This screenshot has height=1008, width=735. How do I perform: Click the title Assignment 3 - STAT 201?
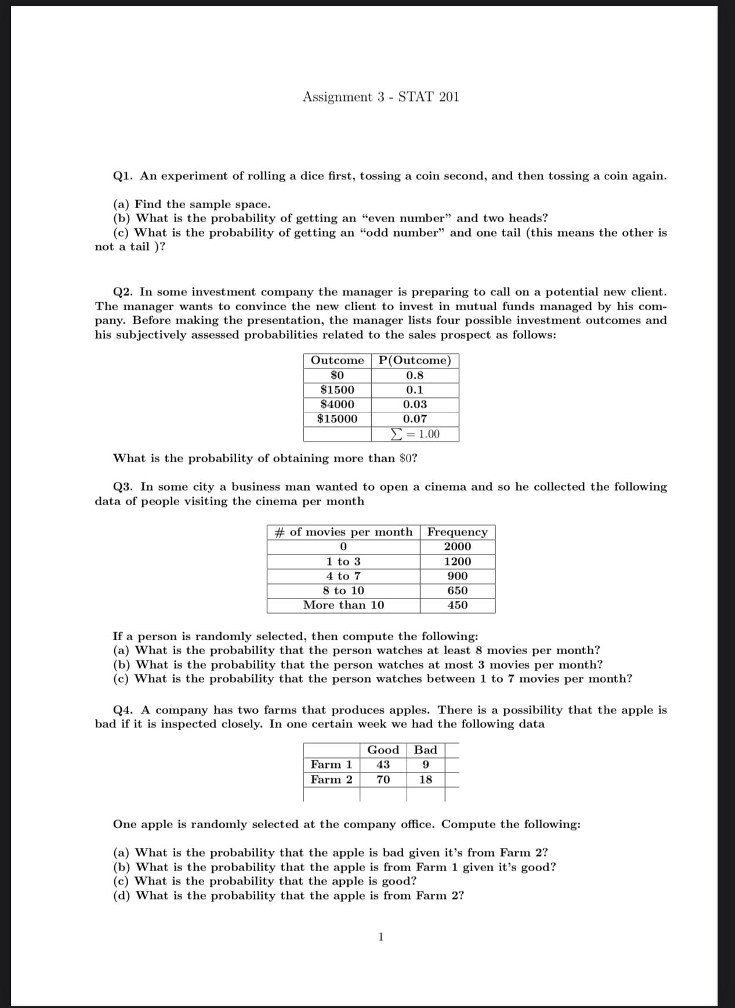(381, 97)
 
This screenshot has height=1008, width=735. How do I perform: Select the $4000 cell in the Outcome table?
(337, 404)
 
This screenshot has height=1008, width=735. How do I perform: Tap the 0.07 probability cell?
(415, 419)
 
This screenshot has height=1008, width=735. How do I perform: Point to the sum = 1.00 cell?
(415, 434)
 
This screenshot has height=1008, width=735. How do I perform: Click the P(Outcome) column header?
(415, 361)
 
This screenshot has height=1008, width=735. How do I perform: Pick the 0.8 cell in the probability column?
(415, 375)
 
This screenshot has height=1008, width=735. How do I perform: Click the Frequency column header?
(457, 532)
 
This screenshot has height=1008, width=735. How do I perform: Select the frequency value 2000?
(457, 547)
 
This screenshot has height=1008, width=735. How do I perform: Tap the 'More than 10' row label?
(343, 605)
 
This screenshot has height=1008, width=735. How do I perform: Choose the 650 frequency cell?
(457, 591)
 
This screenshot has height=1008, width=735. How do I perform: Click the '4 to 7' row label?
(343, 576)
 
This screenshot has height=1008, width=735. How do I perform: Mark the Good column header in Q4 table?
(383, 750)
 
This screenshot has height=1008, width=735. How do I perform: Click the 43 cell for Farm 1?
(383, 765)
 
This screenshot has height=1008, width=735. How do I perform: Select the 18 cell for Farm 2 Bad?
(425, 780)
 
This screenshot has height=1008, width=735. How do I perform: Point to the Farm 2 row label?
(331, 780)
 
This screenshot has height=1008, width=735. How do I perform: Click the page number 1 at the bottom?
(381, 937)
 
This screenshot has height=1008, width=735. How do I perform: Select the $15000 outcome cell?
(337, 419)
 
